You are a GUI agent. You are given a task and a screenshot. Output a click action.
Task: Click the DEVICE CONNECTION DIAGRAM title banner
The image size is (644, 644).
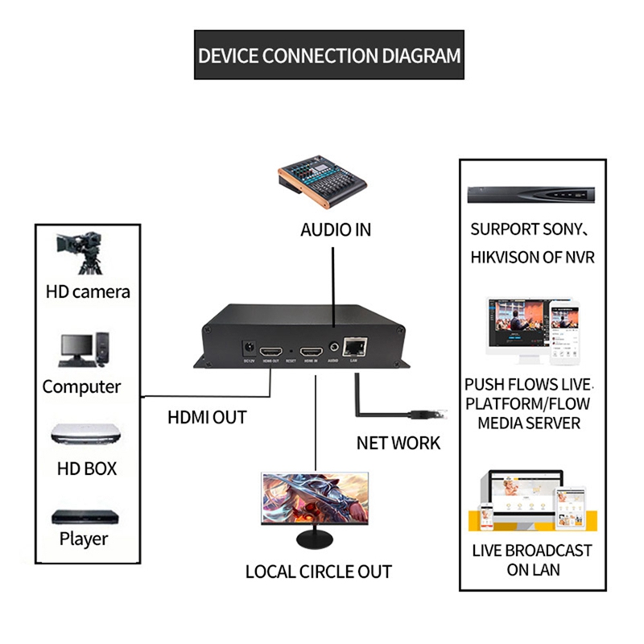(329, 55)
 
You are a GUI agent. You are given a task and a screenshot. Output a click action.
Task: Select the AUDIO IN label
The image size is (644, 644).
(336, 229)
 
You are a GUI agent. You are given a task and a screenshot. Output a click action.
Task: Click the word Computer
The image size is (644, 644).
(81, 386)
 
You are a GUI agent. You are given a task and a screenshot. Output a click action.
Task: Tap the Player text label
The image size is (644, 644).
(84, 539)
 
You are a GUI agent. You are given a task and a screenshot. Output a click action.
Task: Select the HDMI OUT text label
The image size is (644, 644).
(206, 418)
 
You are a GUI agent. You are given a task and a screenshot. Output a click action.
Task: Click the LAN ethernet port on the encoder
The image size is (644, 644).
(353, 349)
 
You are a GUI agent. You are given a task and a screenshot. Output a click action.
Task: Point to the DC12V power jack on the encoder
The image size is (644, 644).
(250, 349)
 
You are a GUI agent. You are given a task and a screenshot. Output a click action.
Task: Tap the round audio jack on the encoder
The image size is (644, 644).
(333, 349)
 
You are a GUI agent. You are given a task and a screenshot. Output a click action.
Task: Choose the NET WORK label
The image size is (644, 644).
(398, 443)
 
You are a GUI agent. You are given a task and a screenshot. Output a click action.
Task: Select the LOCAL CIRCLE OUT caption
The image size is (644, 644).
(319, 572)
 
